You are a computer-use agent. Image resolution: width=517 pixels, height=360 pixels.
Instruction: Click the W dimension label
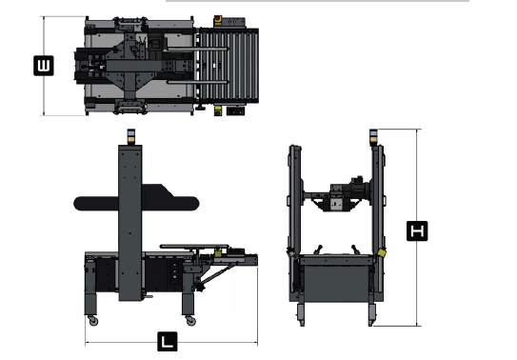[x=44, y=66]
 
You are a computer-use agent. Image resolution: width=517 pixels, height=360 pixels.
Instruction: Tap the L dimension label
[x=168, y=342]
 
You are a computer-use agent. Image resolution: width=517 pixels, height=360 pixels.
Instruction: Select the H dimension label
[x=417, y=230]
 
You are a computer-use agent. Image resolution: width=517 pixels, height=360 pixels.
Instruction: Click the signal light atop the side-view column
[x=130, y=136]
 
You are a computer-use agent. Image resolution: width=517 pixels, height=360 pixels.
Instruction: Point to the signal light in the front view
[x=373, y=137]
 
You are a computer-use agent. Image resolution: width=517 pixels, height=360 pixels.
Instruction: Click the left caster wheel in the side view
[x=93, y=321]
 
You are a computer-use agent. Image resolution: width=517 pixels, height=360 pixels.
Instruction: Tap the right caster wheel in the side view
[x=190, y=321]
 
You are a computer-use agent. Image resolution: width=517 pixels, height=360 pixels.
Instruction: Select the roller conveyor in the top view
[x=228, y=66]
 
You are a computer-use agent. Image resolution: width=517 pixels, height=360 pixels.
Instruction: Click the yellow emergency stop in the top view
[x=218, y=20]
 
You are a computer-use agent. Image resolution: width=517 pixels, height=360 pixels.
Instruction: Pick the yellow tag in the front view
[x=382, y=253]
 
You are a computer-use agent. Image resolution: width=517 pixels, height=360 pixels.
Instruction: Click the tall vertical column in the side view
[x=130, y=223]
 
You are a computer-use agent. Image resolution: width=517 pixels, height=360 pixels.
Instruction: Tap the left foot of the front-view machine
[x=301, y=314]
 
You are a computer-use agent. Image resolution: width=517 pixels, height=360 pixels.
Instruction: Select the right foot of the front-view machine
[x=372, y=314]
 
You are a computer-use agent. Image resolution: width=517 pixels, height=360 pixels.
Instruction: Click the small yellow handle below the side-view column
[x=148, y=297]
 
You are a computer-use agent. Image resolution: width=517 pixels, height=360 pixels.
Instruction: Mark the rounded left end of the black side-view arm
[x=79, y=204]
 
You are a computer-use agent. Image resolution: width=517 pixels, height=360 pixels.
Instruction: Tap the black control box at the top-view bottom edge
[x=236, y=111]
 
